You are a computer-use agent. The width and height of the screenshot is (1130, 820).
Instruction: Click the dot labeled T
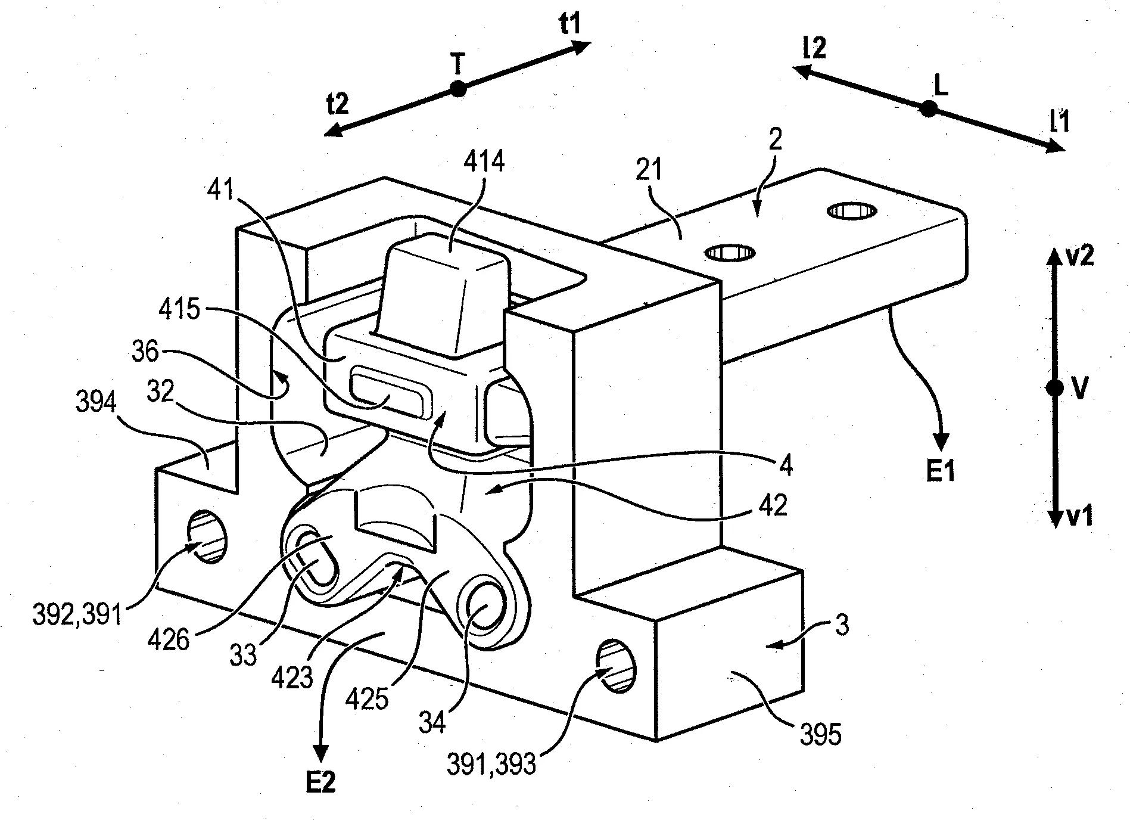tap(457, 89)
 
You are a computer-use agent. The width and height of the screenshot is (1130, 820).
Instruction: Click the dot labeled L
tap(927, 109)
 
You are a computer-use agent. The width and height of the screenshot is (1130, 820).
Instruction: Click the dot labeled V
tap(1054, 388)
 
